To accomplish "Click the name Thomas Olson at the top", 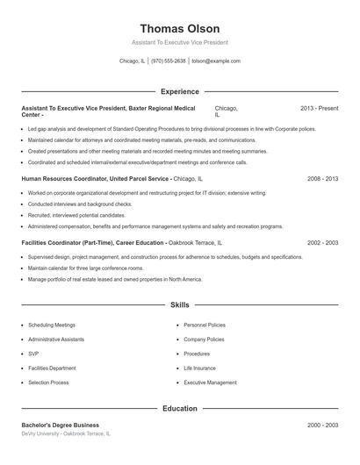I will tap(179, 29).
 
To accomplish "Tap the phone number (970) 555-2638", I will tap(168, 61).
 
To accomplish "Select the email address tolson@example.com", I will tap(215, 61).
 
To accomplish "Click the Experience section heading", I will tap(179, 91).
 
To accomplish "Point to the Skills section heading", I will tap(179, 305).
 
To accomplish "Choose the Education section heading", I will tap(179, 408).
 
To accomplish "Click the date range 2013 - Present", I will tap(319, 108).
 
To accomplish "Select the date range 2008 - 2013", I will tap(322, 178).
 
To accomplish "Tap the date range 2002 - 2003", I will tap(322, 243).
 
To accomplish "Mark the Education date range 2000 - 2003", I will tap(322, 425).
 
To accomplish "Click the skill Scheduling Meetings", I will tap(52, 325).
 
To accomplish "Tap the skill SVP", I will tap(32, 354).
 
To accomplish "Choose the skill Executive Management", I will tap(210, 383).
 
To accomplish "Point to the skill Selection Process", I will tap(48, 383).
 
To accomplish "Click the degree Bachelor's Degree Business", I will tap(61, 425).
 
